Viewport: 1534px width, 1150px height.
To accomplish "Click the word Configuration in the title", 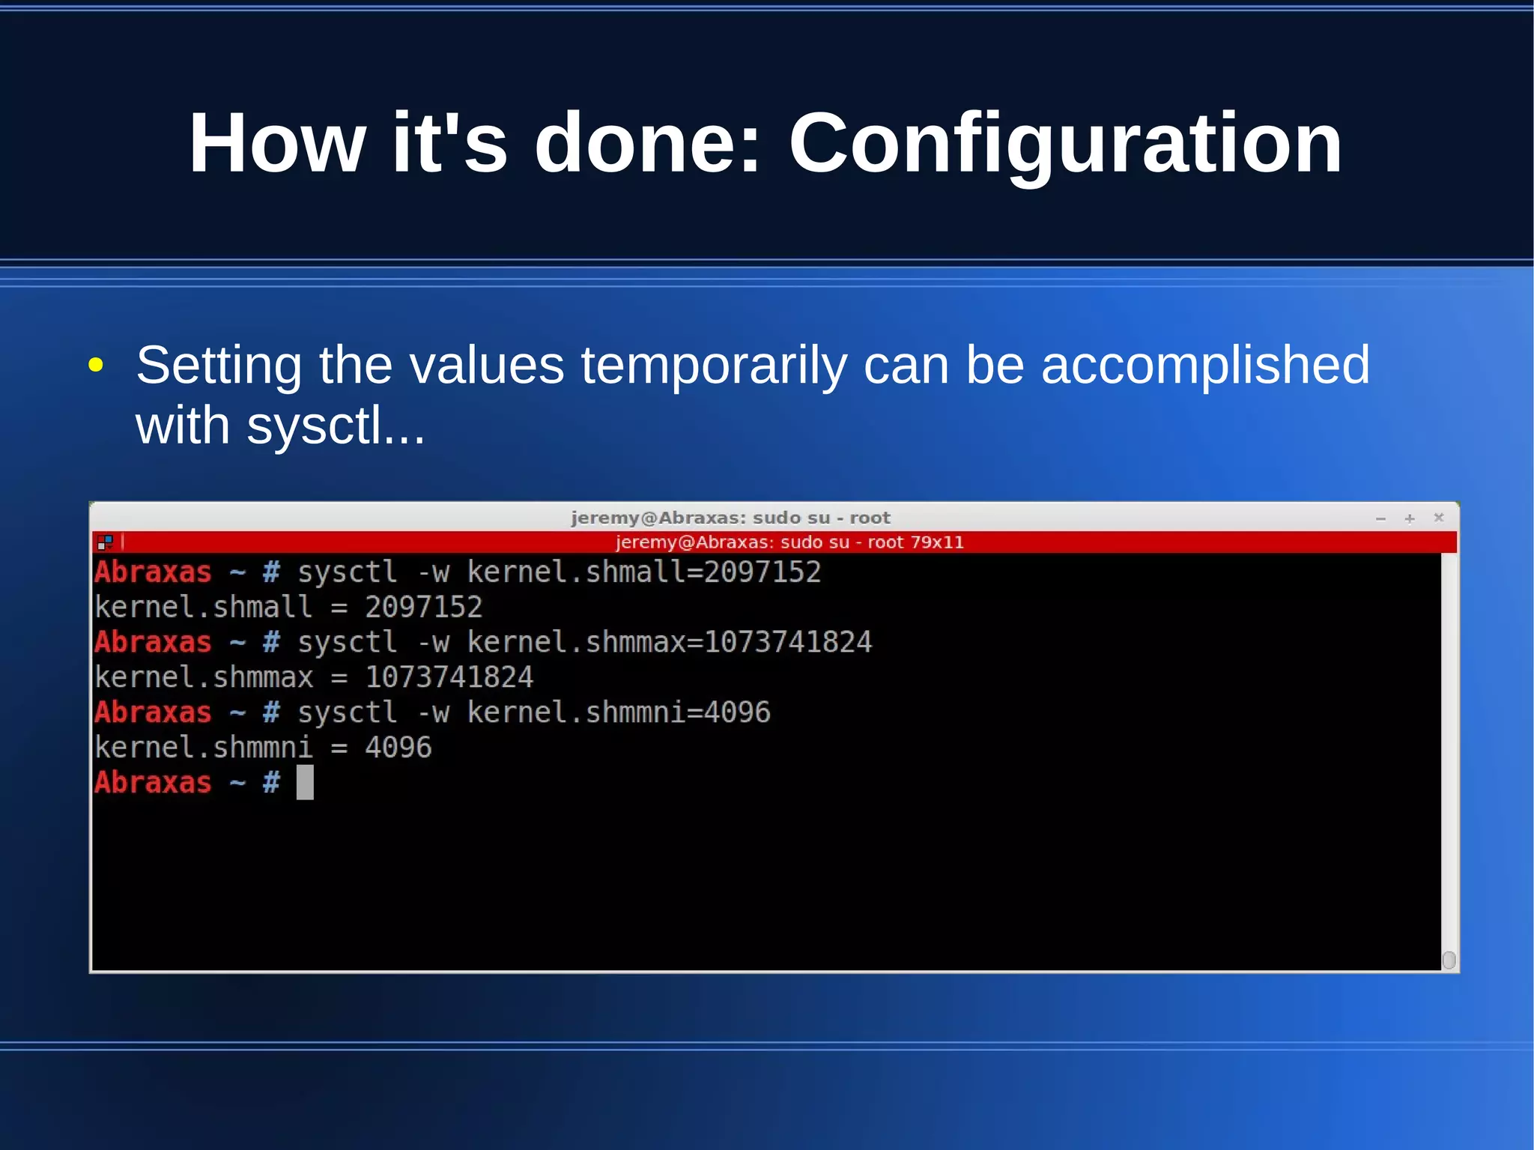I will [1065, 144].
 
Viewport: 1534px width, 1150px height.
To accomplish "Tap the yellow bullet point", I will [95, 366].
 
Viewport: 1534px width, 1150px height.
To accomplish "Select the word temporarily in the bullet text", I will [714, 366].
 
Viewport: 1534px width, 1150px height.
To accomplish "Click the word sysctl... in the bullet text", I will [336, 426].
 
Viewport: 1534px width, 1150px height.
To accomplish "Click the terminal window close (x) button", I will [1438, 518].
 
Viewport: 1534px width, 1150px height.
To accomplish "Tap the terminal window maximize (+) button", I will [1409, 518].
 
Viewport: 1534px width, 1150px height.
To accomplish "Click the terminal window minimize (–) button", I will [1380, 518].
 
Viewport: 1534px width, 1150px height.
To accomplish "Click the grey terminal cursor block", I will [305, 782].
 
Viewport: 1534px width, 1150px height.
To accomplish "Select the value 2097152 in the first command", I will [762, 572].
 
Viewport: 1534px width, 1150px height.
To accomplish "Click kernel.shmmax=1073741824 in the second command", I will [669, 642].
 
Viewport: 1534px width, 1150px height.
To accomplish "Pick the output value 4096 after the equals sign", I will [398, 748].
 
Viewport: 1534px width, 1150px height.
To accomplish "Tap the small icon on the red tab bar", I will [105, 542].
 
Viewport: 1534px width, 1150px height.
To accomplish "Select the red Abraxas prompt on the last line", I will [154, 783].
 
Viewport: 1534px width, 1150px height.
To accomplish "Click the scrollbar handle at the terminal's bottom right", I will [1449, 960].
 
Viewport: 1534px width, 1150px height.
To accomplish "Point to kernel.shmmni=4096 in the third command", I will [618, 712].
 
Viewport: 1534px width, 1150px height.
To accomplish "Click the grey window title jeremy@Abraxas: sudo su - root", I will [730, 518].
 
